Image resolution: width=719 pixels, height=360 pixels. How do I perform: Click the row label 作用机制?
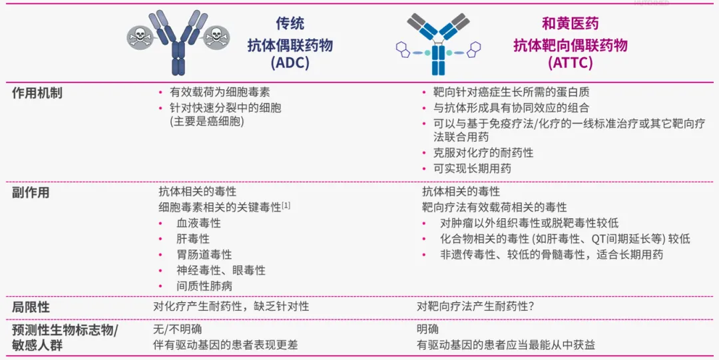(37, 93)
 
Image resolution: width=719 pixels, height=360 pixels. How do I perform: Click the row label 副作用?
(30, 192)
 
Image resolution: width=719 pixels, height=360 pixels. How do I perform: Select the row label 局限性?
(30, 307)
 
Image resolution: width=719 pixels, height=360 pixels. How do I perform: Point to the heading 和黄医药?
(570, 24)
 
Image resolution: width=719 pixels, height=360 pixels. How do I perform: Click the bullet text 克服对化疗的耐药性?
(483, 152)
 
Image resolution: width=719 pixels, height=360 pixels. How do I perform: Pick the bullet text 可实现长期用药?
(472, 168)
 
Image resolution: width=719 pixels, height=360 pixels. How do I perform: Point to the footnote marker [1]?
(286, 206)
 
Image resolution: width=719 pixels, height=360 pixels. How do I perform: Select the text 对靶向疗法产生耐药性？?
(475, 306)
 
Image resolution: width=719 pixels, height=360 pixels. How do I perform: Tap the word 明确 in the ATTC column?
(427, 329)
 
